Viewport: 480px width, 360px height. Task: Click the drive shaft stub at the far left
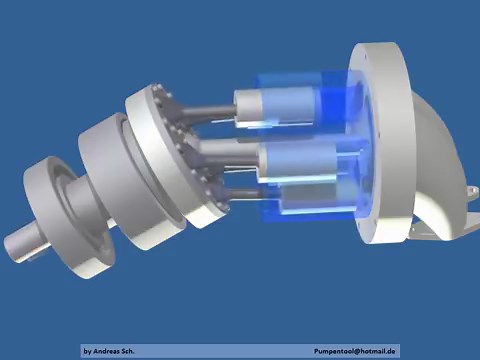(x=22, y=244)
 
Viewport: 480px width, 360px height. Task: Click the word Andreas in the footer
(x=109, y=351)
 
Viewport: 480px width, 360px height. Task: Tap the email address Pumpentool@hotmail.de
(x=355, y=351)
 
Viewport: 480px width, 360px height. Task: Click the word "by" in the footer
(x=88, y=351)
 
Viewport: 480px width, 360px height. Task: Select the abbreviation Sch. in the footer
(x=136, y=351)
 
